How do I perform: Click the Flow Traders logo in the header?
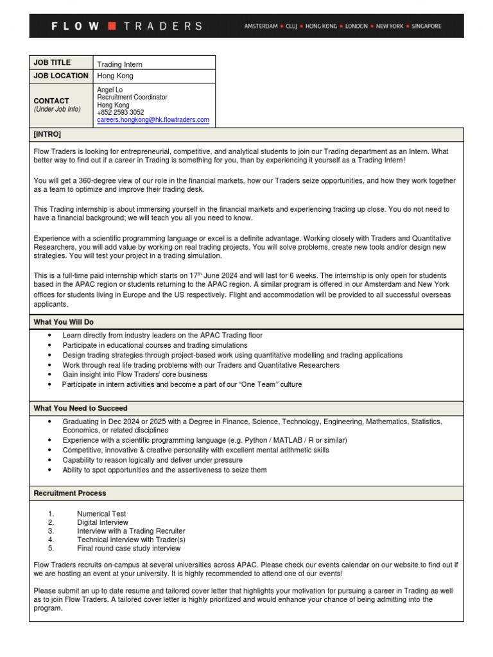(126, 26)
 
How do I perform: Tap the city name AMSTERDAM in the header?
(261, 26)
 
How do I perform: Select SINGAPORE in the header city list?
(426, 26)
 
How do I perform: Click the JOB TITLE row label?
(52, 63)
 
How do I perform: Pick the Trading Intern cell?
(119, 65)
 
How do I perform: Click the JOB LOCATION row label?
(61, 76)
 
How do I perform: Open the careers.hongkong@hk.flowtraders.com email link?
(153, 120)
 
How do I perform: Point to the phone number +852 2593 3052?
(121, 112)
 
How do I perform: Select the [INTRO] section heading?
(48, 135)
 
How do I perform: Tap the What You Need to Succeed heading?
(80, 408)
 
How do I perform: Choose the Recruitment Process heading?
(70, 493)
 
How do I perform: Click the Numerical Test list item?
(101, 514)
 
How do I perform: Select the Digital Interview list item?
(103, 523)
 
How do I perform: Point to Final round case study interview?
(129, 549)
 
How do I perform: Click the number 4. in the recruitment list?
(51, 540)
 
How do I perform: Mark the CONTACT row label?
(51, 101)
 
